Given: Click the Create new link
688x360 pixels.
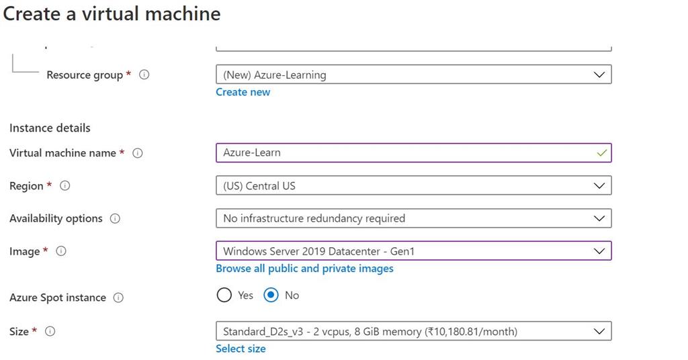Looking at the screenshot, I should pyautogui.click(x=243, y=92).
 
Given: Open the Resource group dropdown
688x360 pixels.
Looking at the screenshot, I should pyautogui.click(x=413, y=75).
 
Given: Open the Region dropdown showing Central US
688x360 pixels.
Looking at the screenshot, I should pyautogui.click(x=413, y=185).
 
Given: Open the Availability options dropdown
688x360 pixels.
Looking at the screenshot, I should pyautogui.click(x=413, y=218).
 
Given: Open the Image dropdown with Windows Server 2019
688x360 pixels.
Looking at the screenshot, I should pyautogui.click(x=413, y=251).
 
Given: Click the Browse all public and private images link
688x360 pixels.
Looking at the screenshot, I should pyautogui.click(x=304, y=269).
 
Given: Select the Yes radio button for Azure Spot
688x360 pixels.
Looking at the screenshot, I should pyautogui.click(x=224, y=295).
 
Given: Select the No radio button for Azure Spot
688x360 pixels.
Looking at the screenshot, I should pyautogui.click(x=271, y=295).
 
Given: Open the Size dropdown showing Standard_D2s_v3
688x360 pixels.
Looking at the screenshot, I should pyautogui.click(x=413, y=331).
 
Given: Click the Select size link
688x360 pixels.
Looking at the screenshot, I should pyautogui.click(x=241, y=349).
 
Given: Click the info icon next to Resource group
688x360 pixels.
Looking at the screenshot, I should pyautogui.click(x=144, y=75).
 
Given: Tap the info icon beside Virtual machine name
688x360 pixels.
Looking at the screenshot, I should pyautogui.click(x=138, y=153).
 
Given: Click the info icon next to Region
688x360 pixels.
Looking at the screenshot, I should pyautogui.click(x=64, y=186).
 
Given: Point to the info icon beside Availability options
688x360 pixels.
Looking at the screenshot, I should pyautogui.click(x=115, y=219).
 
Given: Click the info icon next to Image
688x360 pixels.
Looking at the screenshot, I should pyautogui.click(x=61, y=251).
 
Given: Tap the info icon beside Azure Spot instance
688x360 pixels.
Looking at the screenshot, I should pyautogui.click(x=118, y=298).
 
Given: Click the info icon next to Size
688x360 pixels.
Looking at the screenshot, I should pyautogui.click(x=50, y=331).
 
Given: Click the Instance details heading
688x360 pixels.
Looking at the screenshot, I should pyautogui.click(x=50, y=128).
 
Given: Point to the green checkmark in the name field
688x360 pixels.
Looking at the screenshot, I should pyautogui.click(x=601, y=153).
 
